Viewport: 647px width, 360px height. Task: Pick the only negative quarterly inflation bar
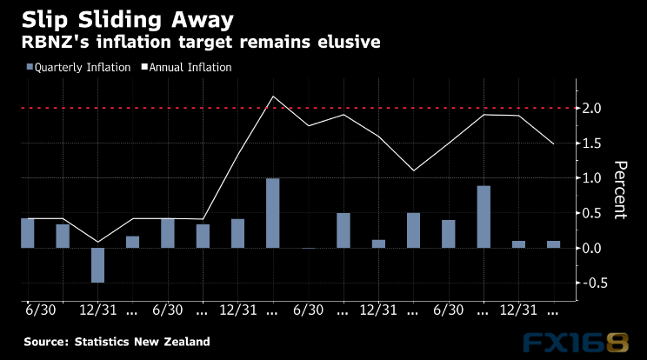click(x=97, y=264)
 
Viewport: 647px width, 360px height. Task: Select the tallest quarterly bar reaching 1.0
click(x=273, y=213)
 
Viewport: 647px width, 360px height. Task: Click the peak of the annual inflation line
click(x=273, y=97)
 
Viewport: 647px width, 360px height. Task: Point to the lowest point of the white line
click(x=97, y=241)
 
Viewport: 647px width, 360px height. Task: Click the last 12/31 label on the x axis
click(x=518, y=310)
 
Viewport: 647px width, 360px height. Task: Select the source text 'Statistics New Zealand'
click(x=142, y=342)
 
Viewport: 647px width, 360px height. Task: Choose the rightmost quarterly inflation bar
click(x=553, y=244)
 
